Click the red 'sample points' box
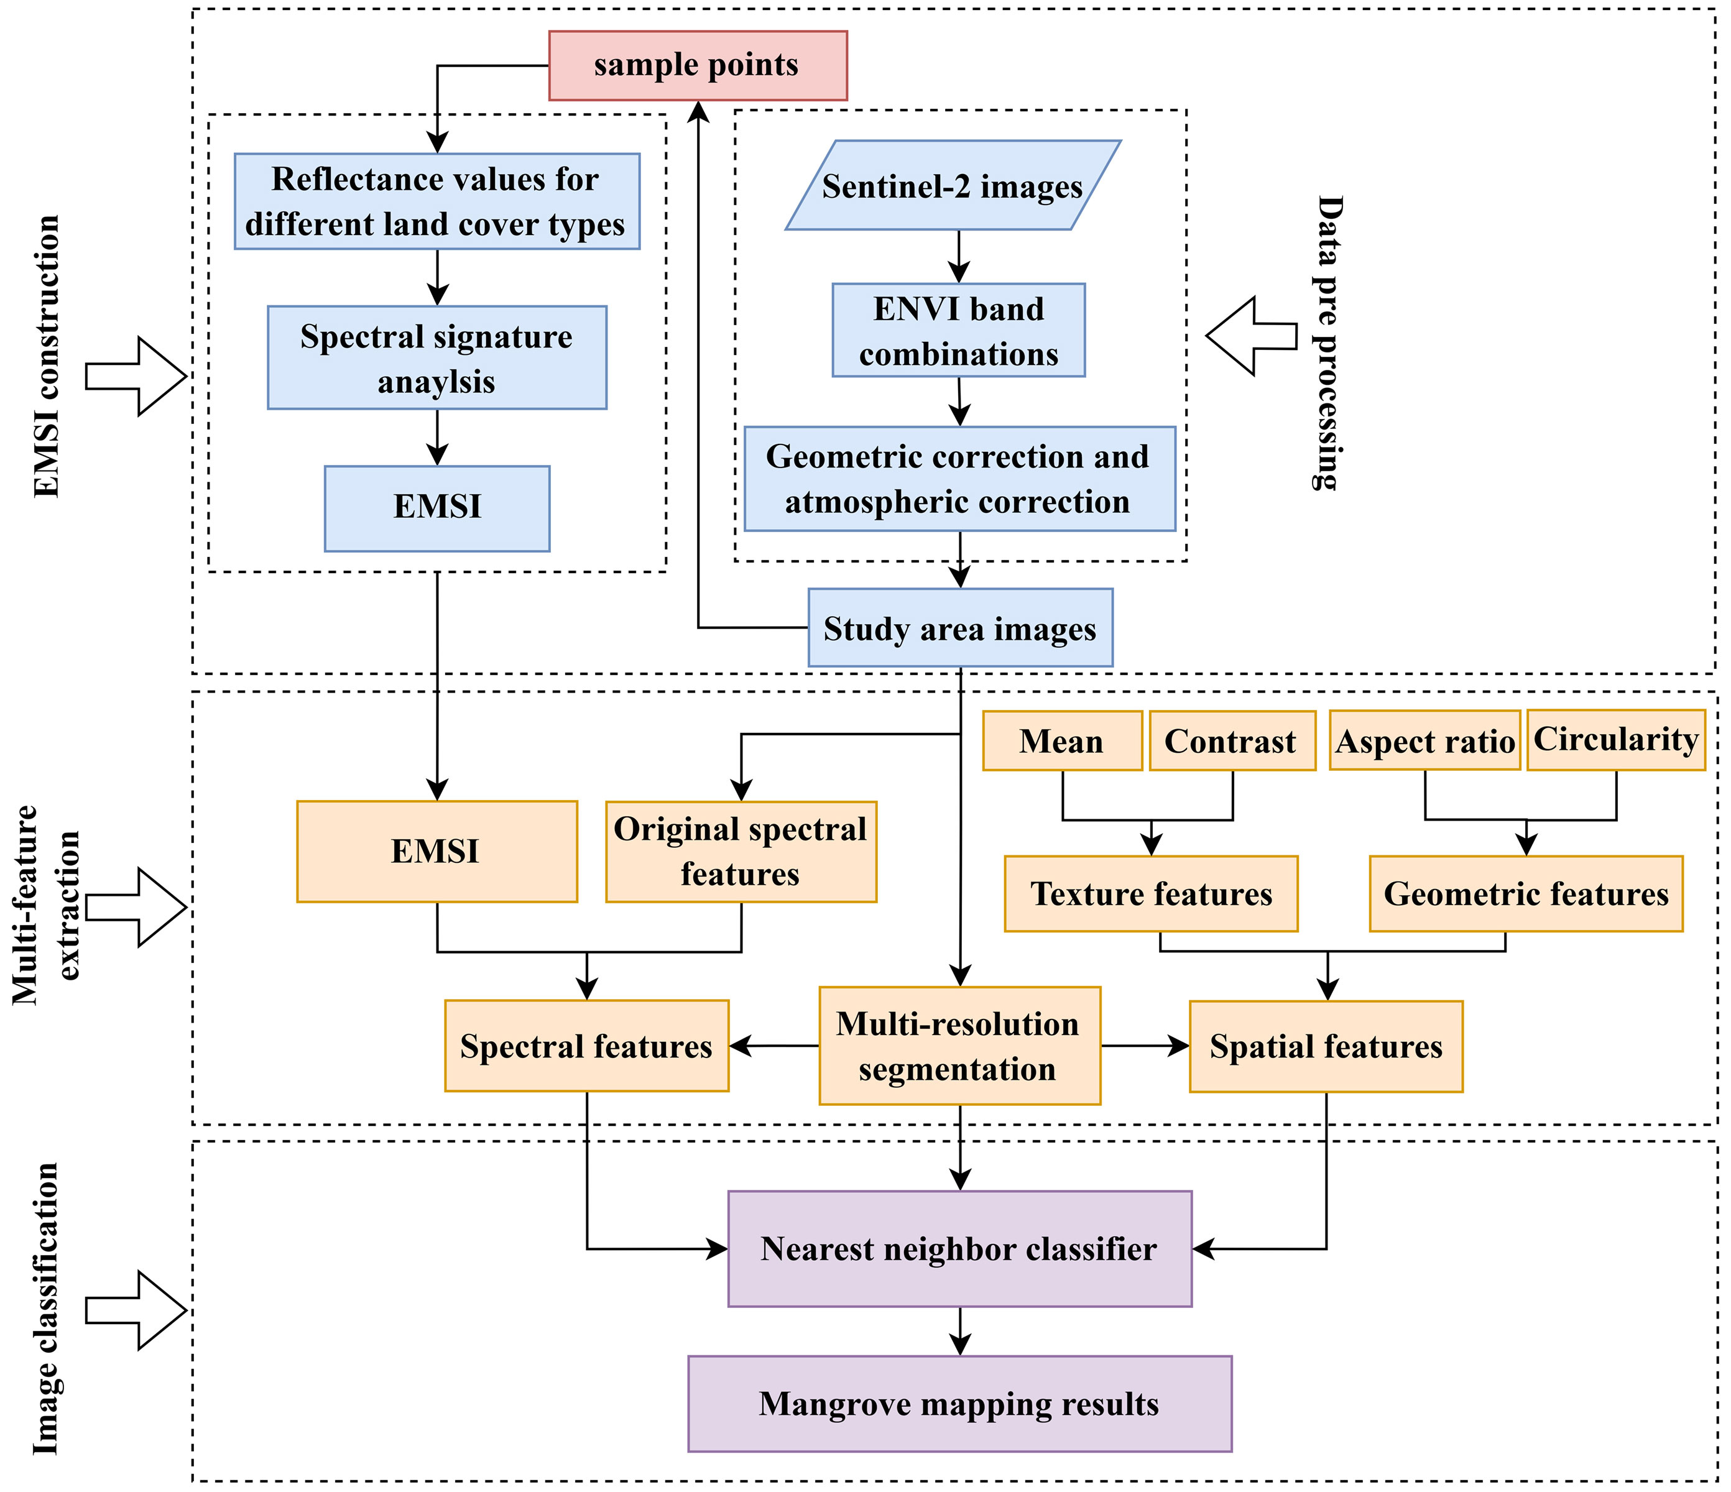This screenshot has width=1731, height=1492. pyautogui.click(x=698, y=66)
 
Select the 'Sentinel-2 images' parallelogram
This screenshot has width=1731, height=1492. pyautogui.click(x=953, y=185)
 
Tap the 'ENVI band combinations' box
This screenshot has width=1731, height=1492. pyautogui.click(x=958, y=330)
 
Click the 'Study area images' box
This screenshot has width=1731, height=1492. pyautogui.click(x=960, y=627)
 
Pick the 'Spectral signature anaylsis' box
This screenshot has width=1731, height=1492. pyautogui.click(x=437, y=357)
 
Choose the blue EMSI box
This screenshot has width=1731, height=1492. pyautogui.click(x=437, y=508)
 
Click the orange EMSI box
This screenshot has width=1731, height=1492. pyautogui.click(x=437, y=851)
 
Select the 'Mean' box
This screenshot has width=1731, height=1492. pyautogui.click(x=1062, y=740)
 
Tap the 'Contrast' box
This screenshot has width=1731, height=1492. pyautogui.click(x=1232, y=740)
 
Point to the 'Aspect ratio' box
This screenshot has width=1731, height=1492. pyautogui.click(x=1424, y=740)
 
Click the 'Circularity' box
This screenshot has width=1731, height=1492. pyautogui.click(x=1616, y=739)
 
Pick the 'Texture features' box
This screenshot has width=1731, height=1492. pyautogui.click(x=1152, y=893)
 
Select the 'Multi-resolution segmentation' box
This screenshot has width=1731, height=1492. pyautogui.click(x=960, y=1045)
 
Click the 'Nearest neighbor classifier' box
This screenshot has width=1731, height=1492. pyautogui.click(x=960, y=1248)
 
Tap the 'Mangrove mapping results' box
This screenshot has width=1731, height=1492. pyautogui.click(x=960, y=1404)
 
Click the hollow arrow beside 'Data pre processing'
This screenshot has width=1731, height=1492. pyautogui.click(x=1250, y=336)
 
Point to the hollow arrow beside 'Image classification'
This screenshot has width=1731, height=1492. pyautogui.click(x=136, y=1310)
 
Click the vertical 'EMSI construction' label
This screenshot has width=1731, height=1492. pyautogui.click(x=47, y=357)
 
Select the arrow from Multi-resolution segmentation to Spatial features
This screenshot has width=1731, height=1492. pyautogui.click(x=1145, y=1046)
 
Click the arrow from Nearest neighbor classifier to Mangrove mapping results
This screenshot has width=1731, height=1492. pyautogui.click(x=961, y=1331)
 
